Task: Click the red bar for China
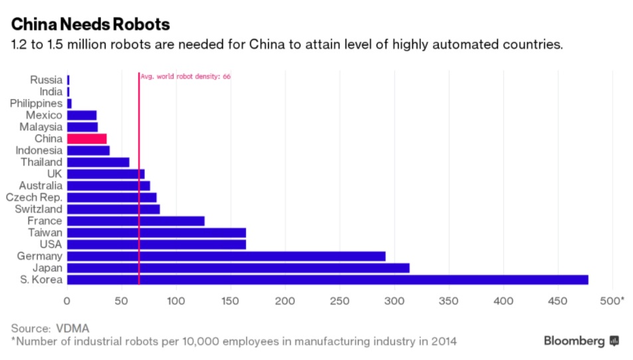87,138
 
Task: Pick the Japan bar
238,268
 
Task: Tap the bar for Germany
226,256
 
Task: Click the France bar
136,221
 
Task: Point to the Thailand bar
98,162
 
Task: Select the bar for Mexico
82,115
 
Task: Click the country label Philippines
36,103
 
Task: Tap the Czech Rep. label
34,197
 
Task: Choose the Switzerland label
34,209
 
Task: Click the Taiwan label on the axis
45,232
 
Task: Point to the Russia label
46,80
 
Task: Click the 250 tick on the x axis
340,301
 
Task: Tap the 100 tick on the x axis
176,301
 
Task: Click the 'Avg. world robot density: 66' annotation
186,77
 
